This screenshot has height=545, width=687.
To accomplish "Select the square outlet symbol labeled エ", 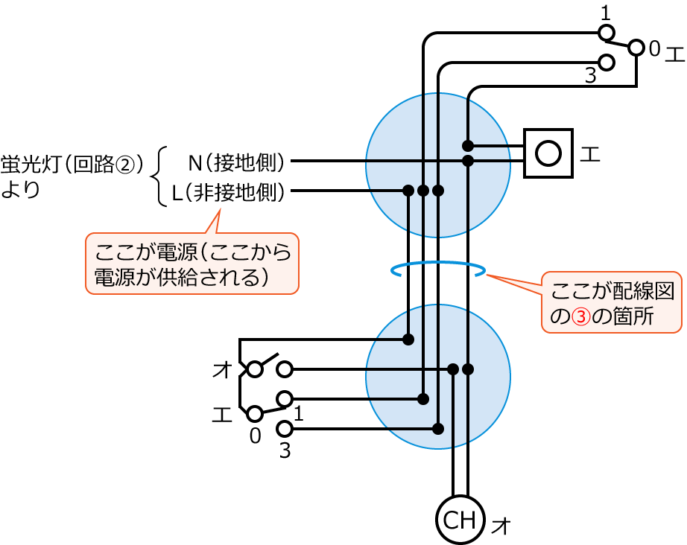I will [x=548, y=153].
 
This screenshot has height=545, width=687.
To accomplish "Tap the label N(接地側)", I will [x=235, y=161].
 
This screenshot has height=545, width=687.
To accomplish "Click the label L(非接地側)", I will [x=229, y=193].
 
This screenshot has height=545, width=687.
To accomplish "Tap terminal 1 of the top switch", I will [x=607, y=33].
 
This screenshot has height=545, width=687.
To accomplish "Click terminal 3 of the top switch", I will [x=607, y=62].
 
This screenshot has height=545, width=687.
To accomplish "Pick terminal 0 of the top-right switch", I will [x=636, y=48].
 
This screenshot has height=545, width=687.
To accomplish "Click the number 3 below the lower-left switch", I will [x=285, y=450].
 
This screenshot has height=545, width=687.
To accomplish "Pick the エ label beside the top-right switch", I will [x=674, y=53].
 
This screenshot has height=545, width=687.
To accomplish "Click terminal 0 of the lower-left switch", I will [x=255, y=413].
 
